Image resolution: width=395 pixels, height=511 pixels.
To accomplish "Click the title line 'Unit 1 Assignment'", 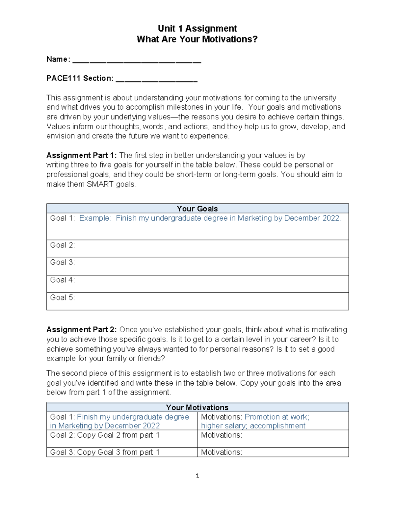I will click(197, 28).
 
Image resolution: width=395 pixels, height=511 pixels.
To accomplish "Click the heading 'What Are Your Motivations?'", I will click(197, 39).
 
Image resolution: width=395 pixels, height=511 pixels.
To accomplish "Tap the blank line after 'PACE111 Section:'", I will click(157, 79).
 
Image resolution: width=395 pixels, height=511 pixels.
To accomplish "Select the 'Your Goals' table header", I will click(197, 209).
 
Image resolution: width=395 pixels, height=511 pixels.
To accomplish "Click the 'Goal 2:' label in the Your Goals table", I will click(63, 245).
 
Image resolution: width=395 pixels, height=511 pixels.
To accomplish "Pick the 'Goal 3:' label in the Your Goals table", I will click(63, 262).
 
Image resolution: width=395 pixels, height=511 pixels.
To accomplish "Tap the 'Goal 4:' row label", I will click(63, 280).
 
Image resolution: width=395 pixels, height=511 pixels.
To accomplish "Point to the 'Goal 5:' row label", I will click(63, 297).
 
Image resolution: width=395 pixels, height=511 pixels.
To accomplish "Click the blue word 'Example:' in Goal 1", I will click(95, 218).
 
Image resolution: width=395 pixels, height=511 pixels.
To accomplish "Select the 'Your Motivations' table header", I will click(197, 407).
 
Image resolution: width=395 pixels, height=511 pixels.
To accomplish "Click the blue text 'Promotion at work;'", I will click(277, 417).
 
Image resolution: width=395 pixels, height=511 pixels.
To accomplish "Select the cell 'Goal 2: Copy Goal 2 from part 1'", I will click(105, 435).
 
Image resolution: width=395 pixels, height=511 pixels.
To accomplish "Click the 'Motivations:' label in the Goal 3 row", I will click(222, 452).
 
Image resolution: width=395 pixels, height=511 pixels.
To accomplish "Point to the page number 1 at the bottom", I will click(197, 475).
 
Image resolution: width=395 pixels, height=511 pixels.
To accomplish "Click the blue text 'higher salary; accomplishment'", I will click(253, 426).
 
